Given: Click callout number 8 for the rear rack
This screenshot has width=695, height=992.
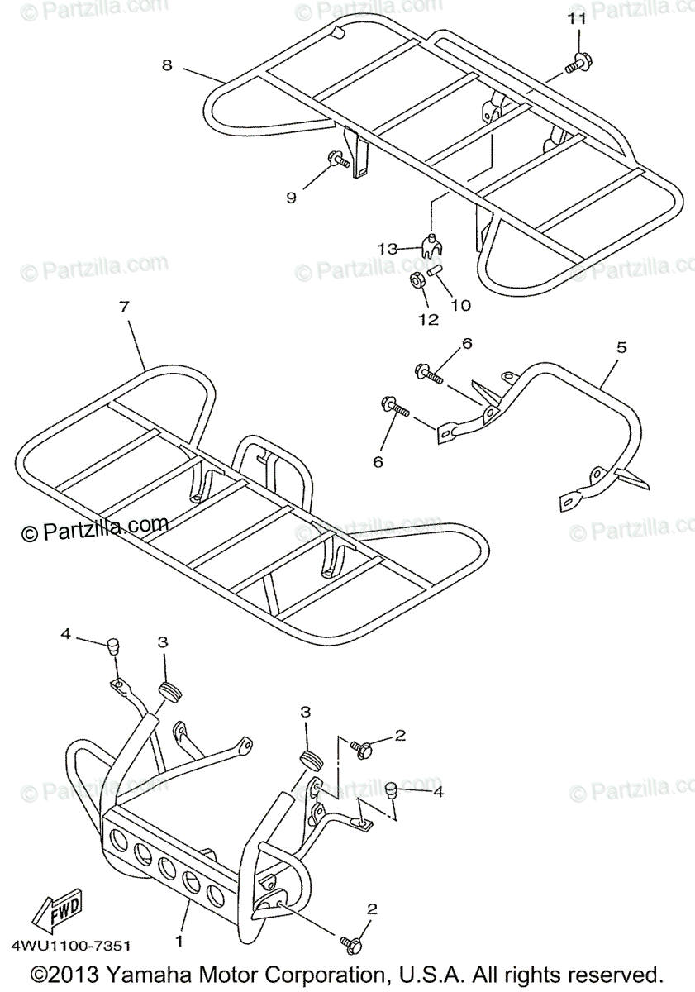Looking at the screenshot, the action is coord(167,65).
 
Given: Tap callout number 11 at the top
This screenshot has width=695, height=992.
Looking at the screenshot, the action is coord(577,17).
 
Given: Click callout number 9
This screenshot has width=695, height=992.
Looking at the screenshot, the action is coord(291,197).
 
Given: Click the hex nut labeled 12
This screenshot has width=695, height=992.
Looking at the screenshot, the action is coord(418,280).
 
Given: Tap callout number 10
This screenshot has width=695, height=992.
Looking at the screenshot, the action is coord(460,305).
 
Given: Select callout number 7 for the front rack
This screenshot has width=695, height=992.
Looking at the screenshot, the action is coord(124,307).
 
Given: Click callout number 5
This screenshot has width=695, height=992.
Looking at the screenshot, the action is coord(621,348).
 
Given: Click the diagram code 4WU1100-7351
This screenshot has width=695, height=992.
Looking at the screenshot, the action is coord(71,944).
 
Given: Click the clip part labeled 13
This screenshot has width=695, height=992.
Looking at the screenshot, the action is coord(429,246).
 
